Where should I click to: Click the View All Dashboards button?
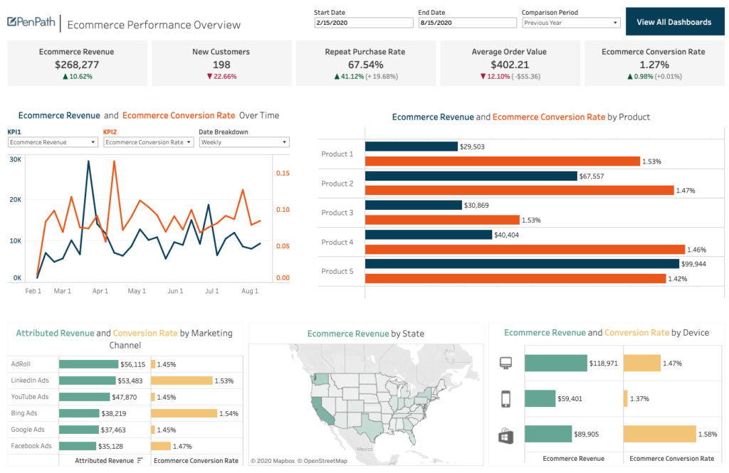[673, 22]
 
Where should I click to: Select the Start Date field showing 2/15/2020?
[363, 23]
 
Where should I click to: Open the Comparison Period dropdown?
[570, 23]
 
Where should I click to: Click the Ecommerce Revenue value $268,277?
[77, 65]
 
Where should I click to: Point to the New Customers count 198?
[221, 65]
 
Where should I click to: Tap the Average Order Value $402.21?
[510, 65]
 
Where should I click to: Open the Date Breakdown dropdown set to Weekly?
[243, 142]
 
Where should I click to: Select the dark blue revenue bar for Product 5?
[522, 264]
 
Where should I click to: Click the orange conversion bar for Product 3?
[442, 220]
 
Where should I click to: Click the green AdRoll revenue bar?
[88, 363]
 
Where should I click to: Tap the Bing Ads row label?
[25, 413]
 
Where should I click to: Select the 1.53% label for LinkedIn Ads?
[226, 381]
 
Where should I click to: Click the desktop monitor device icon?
[506, 363]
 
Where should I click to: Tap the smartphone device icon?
[506, 399]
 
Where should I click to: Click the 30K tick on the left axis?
[15, 159]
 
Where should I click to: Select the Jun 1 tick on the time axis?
[174, 291]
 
